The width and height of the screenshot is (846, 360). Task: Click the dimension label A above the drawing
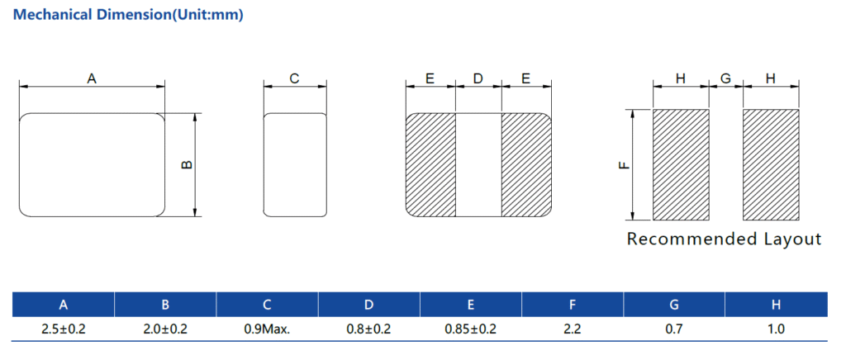point(92,78)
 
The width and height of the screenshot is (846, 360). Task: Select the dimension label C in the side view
point(294,78)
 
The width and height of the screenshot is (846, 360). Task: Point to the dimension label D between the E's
point(478,78)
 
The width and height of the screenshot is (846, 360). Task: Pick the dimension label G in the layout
point(725,78)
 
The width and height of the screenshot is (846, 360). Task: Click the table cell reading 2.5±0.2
point(64,329)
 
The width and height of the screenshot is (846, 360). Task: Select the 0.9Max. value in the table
point(267,329)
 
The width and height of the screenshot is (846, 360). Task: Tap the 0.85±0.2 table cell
point(470,329)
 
